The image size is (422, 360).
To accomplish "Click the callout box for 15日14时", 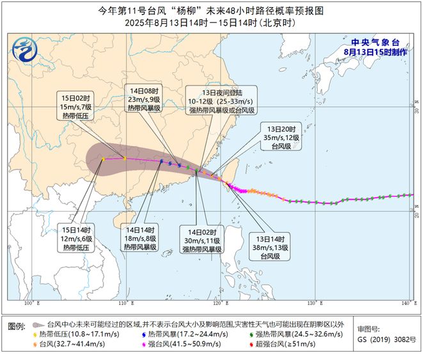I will point(77,238).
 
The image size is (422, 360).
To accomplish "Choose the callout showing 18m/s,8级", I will point(139,238).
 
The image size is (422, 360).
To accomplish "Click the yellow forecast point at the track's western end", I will point(103,159).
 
